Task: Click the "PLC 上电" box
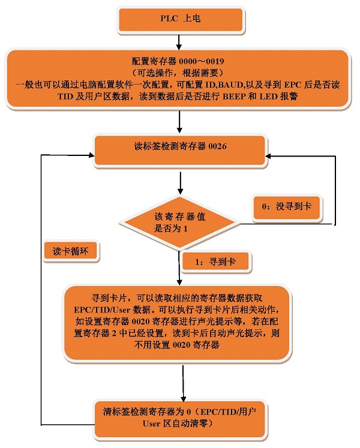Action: pos(179,20)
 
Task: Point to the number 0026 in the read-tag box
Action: pos(215,146)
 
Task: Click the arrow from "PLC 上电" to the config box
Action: pos(179,41)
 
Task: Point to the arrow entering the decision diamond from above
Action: pos(180,184)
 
